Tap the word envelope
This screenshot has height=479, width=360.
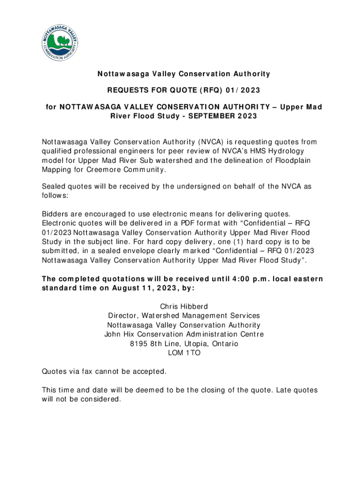pyautogui.click(x=139, y=251)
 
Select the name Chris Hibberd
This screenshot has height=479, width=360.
pyautogui.click(x=184, y=307)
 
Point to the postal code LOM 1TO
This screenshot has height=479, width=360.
pyautogui.click(x=184, y=353)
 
